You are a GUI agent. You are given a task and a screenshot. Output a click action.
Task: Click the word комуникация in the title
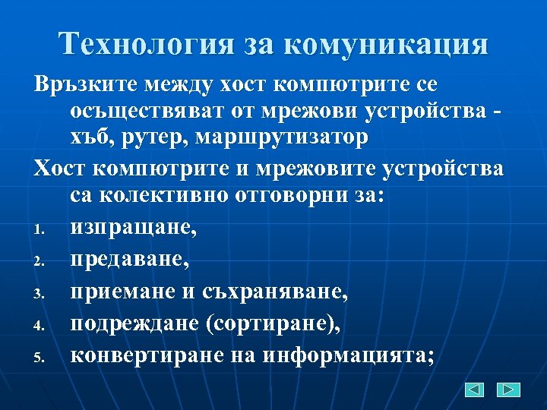pyautogui.click(x=387, y=44)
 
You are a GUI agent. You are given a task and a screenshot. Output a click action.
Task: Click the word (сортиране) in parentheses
pyautogui.click(x=271, y=322)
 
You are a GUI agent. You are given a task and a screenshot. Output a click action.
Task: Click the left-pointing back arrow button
pyautogui.click(x=474, y=389)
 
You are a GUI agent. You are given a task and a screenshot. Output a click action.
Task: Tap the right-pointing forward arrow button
pyautogui.click(x=508, y=389)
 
